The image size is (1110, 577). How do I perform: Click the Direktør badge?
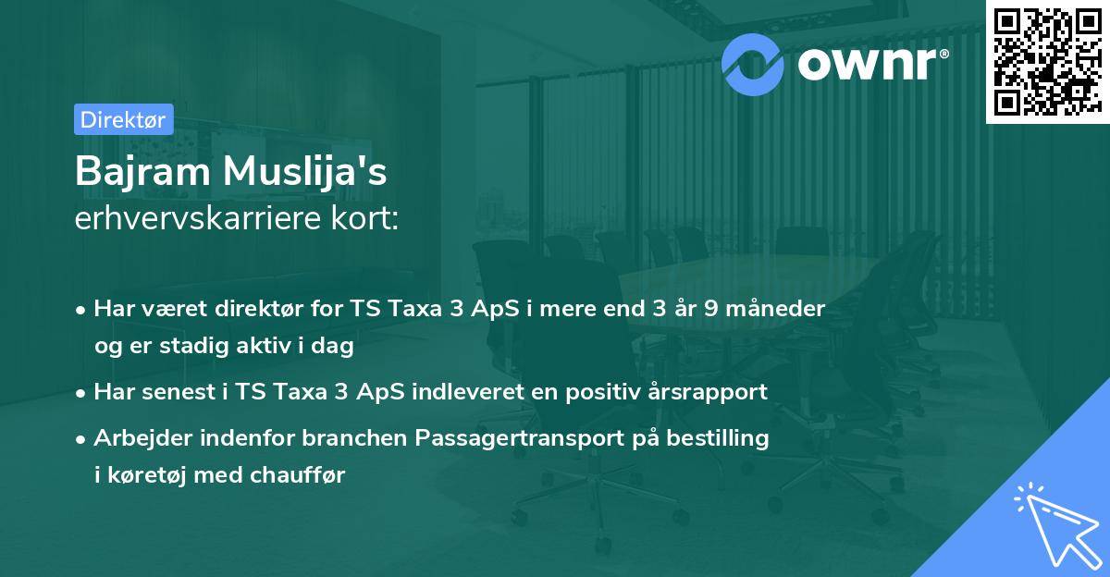tap(123, 119)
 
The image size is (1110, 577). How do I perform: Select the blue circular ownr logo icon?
tap(754, 64)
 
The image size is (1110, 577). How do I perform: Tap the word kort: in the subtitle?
tap(370, 218)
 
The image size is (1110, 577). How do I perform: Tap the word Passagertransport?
tap(523, 437)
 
